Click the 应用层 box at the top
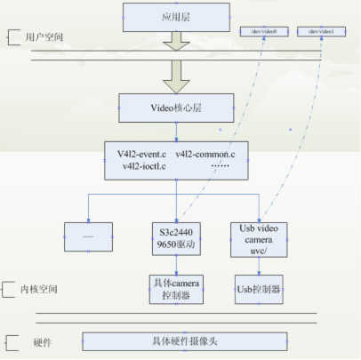click(175, 15)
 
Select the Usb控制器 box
click(260, 289)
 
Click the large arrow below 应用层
click(175, 41)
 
